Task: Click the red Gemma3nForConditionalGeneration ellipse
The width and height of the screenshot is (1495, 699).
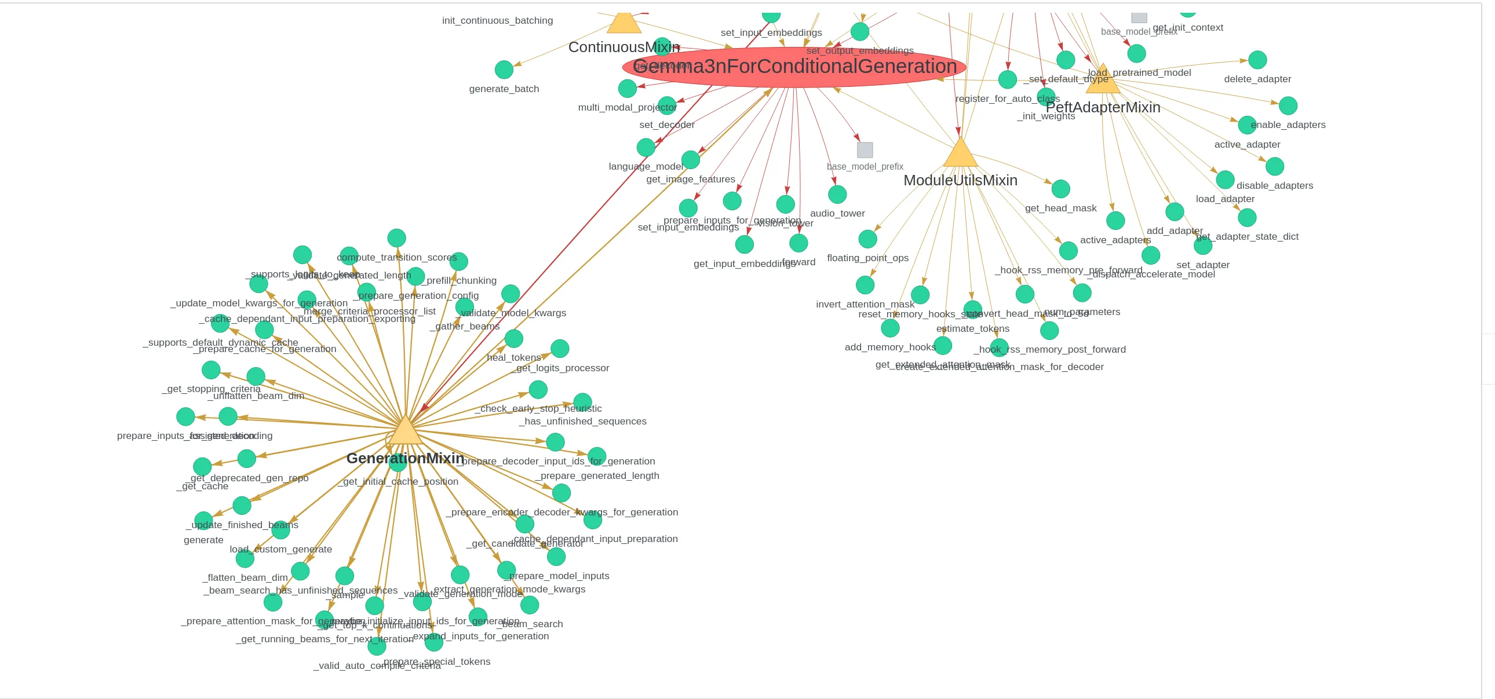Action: click(794, 67)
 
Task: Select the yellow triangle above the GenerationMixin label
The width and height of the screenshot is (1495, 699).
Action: click(405, 431)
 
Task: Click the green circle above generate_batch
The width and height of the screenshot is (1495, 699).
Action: click(504, 69)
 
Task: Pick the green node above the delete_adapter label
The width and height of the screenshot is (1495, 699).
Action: click(1257, 60)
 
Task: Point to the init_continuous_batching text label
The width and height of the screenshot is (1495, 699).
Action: click(497, 20)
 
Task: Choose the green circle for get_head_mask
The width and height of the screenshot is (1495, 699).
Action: click(1060, 189)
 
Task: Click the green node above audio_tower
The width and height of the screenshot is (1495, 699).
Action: click(837, 195)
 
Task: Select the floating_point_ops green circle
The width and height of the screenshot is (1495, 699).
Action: click(867, 239)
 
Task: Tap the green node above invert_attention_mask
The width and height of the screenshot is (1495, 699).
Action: click(865, 285)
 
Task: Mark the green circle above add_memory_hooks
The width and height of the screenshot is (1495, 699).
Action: click(889, 328)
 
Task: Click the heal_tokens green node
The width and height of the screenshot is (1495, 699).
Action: click(513, 339)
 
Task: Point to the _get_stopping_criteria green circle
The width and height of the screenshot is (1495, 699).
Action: click(211, 369)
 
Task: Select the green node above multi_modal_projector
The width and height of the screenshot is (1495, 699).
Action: click(628, 88)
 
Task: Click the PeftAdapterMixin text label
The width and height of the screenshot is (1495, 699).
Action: click(1103, 107)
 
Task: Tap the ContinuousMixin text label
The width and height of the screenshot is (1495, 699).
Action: click(623, 47)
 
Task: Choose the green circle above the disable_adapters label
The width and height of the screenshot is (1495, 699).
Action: click(1274, 166)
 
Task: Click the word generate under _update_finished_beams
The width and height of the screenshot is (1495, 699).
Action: click(203, 540)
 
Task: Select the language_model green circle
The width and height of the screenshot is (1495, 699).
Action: click(646, 147)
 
